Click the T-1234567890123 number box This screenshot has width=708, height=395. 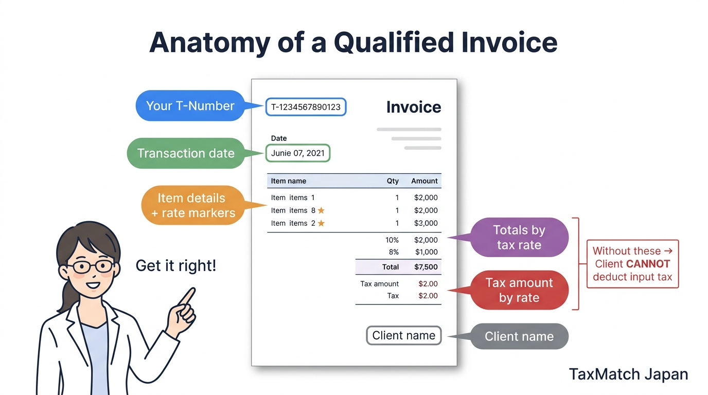click(306, 107)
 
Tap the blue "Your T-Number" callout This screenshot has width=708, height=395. click(190, 106)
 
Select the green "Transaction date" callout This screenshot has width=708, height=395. click(185, 153)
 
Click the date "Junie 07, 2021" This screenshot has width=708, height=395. click(298, 153)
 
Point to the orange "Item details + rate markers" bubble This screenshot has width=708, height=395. click(192, 205)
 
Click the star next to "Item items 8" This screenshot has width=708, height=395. click(321, 210)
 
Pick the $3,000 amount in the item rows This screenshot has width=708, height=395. click(426, 223)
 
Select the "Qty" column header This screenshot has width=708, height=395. click(393, 181)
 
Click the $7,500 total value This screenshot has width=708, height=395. click(426, 267)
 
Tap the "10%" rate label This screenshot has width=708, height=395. click(392, 240)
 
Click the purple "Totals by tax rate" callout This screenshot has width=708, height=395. click(519, 237)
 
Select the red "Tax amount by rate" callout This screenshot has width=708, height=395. click(519, 290)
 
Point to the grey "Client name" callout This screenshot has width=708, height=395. click(519, 336)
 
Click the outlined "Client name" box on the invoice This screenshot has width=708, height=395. click(403, 336)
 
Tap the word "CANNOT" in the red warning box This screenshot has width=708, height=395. click(648, 264)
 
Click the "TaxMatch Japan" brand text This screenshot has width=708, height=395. click(628, 374)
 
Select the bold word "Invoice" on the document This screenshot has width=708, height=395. click(414, 107)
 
